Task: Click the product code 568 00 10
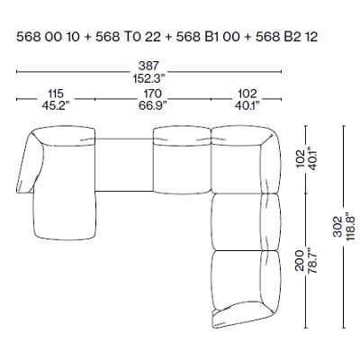click(x=46, y=37)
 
